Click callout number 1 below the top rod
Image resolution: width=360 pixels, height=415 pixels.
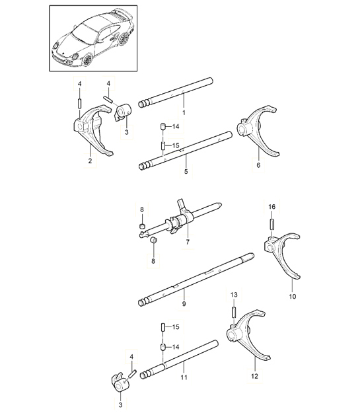tap(184, 113)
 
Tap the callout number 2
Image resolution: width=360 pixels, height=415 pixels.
tap(90, 159)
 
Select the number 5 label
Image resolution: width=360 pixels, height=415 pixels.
tap(186, 172)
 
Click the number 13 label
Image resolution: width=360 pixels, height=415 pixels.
tap(233, 295)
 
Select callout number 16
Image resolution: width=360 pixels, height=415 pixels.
tap(271, 207)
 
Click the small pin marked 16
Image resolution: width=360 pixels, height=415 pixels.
tap(271, 225)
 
